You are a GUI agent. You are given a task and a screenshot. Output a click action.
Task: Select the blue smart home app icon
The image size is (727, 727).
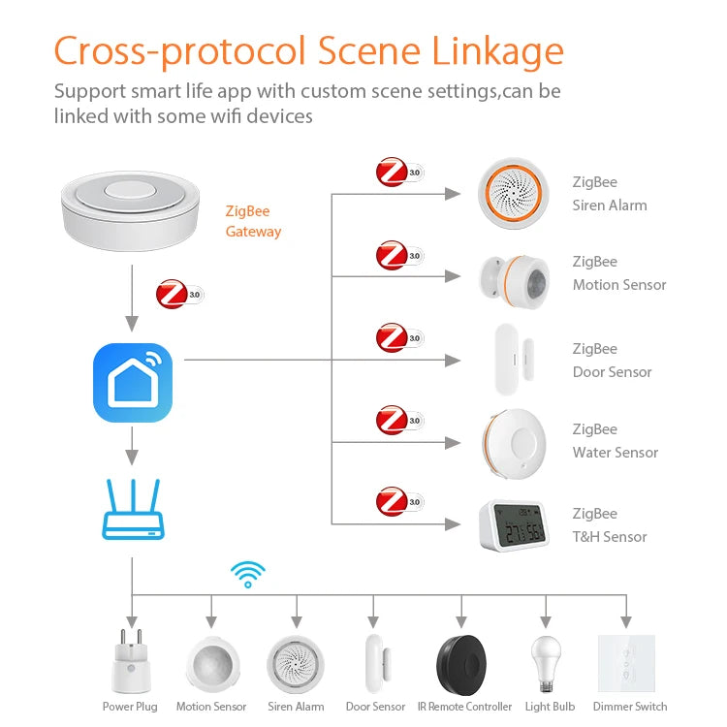(132, 382)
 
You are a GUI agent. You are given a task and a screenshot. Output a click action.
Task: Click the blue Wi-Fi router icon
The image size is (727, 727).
(132, 510)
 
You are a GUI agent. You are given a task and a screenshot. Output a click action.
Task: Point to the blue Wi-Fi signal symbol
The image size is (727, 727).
(247, 574)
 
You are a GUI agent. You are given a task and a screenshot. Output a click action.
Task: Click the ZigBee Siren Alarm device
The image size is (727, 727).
(514, 194)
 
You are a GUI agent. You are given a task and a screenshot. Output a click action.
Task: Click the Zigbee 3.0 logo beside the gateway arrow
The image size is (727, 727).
(179, 294)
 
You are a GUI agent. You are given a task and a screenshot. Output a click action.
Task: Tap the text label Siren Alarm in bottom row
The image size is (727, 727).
(296, 707)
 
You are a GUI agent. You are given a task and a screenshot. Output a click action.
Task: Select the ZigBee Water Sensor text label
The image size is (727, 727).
(615, 441)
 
